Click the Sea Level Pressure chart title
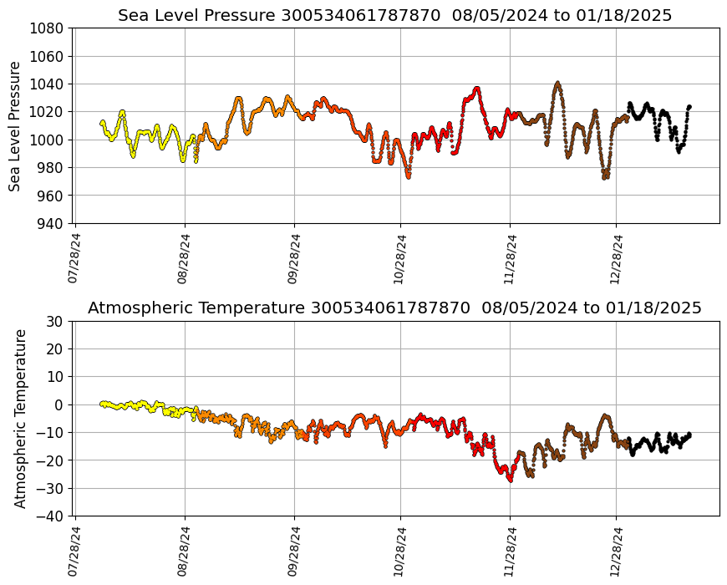click(394, 16)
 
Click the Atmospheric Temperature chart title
click(394, 308)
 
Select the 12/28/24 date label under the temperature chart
click(616, 551)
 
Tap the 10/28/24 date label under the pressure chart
click(399, 258)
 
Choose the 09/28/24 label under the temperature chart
click(293, 551)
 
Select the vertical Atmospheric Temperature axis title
click(20, 418)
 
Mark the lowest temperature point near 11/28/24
click(511, 481)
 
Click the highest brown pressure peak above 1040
click(557, 83)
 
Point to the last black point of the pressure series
click(689, 106)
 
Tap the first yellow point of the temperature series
click(101, 403)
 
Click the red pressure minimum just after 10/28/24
click(408, 177)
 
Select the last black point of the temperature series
click(689, 434)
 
